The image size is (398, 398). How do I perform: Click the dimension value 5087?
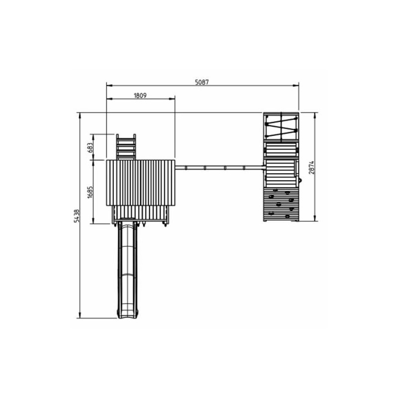pyautogui.click(x=202, y=82)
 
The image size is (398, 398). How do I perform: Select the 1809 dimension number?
pyautogui.click(x=140, y=96)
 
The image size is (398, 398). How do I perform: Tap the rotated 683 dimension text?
pyautogui.click(x=90, y=147)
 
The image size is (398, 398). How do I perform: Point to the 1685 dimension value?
pyautogui.click(x=90, y=192)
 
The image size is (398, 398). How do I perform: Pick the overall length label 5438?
pyautogui.click(x=77, y=216)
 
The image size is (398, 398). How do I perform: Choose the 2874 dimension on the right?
pyautogui.click(x=311, y=167)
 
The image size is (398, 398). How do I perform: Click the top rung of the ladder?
pyautogui.click(x=126, y=139)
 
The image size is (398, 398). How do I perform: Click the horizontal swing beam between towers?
pyautogui.click(x=220, y=168)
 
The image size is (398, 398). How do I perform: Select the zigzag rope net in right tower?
pyautogui.click(x=281, y=126)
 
